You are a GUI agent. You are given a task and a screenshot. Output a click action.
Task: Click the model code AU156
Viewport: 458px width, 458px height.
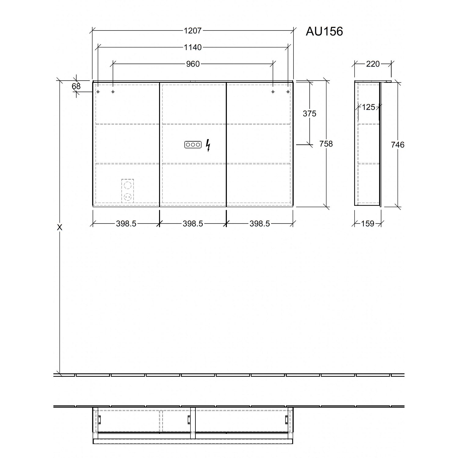(324, 31)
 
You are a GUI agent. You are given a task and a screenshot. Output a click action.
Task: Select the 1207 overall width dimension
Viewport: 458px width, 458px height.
(193, 31)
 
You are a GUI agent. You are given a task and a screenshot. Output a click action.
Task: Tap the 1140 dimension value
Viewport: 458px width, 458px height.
(193, 47)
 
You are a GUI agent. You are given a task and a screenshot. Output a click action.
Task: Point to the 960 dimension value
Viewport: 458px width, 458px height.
(193, 64)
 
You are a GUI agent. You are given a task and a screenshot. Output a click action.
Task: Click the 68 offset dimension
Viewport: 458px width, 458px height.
(76, 86)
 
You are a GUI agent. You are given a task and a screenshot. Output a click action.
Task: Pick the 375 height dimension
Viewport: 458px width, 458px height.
(309, 114)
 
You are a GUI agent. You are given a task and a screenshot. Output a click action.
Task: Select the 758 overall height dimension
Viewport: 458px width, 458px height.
(326, 144)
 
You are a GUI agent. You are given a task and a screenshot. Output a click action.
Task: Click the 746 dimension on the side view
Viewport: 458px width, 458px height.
(398, 145)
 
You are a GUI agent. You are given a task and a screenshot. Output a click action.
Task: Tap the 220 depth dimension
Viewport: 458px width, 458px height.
(373, 64)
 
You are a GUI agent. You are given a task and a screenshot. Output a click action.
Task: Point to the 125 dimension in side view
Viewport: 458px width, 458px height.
(368, 107)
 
